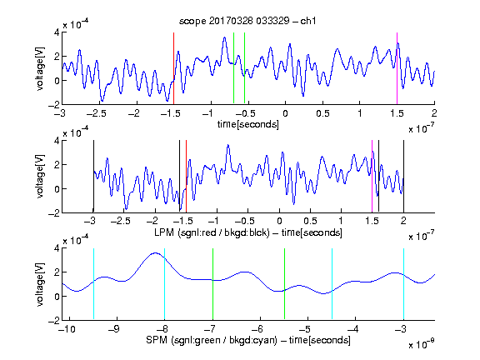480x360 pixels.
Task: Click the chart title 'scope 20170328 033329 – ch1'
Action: click(247, 21)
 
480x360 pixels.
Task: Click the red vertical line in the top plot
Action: click(173, 68)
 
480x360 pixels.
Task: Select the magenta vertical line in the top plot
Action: click(397, 68)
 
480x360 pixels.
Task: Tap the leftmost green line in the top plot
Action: click(233, 68)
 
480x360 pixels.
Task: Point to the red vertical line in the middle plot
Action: click(186, 177)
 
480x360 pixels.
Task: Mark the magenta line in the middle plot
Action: click(372, 177)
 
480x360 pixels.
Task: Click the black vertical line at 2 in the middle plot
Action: click(403, 177)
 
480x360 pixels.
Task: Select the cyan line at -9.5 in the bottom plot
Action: click(93, 284)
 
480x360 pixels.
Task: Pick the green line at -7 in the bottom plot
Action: click(212, 284)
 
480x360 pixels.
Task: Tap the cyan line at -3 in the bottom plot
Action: click(403, 284)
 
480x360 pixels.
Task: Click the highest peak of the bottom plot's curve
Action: click(156, 252)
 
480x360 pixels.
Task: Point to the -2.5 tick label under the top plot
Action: click(96, 113)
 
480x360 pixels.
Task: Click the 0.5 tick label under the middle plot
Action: click(310, 221)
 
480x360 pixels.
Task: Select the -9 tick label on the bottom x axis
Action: click(114, 329)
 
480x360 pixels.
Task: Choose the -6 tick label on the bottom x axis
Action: click(260, 329)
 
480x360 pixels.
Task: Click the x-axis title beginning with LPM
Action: click(248, 232)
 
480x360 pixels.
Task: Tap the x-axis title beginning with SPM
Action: click(248, 340)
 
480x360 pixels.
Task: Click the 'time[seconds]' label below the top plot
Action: click(248, 124)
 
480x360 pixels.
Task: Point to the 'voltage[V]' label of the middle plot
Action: click(40, 177)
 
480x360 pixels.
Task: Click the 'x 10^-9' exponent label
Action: click(422, 344)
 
